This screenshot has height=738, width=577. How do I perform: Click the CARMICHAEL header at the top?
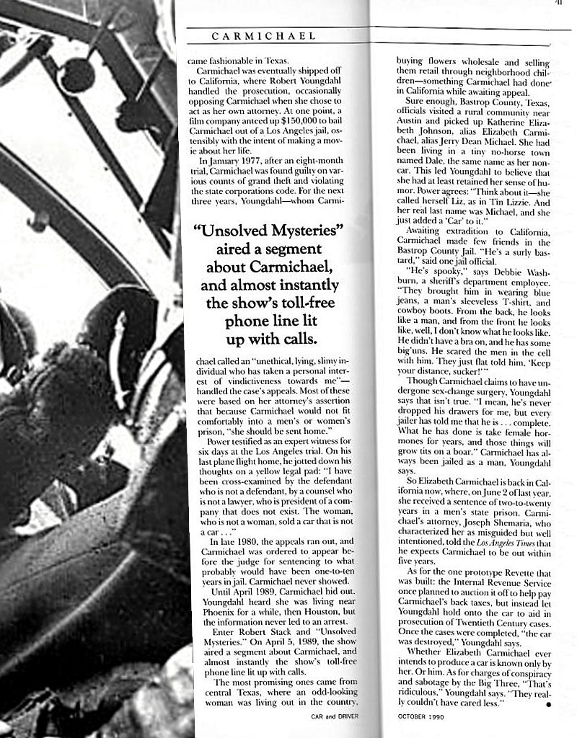pyautogui.click(x=263, y=36)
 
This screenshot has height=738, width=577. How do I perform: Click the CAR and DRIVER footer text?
pyautogui.click(x=335, y=716)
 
